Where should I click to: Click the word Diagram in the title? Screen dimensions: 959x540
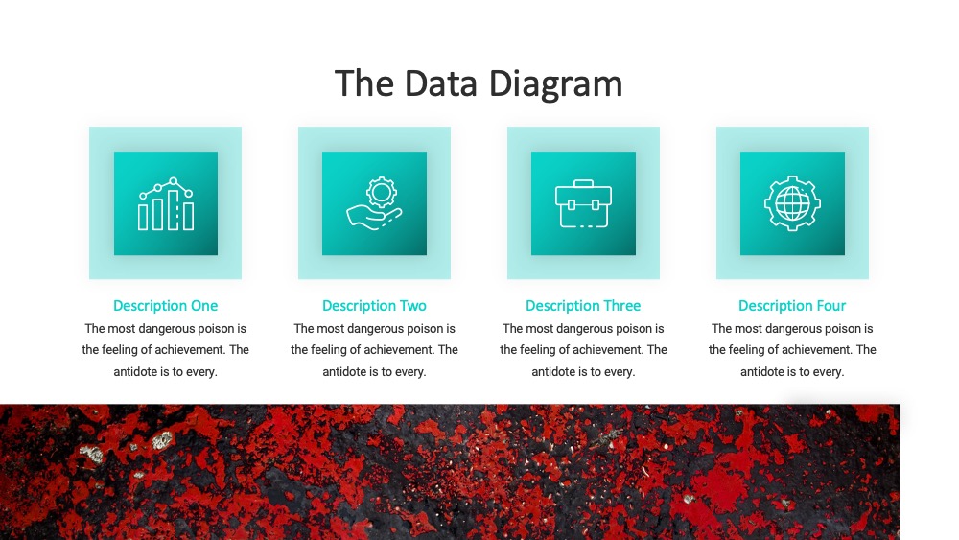pos(555,84)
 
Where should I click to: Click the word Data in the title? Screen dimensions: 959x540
pos(440,83)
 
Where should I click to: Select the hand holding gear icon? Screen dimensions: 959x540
pos(374,203)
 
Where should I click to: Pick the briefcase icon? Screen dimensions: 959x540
pos(583,203)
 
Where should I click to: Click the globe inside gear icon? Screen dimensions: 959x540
pos(792,203)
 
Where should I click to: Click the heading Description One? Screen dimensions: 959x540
pos(165,305)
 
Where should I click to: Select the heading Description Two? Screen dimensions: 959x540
pos(374,305)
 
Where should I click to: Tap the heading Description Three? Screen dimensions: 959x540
pos(583,305)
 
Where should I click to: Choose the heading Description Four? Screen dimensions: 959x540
pos(792,305)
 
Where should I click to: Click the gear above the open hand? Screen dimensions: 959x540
pos(382,192)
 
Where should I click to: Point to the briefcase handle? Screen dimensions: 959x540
pos(583,183)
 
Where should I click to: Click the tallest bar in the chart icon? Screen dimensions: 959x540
pos(174,210)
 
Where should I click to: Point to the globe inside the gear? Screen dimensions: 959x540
pos(792,203)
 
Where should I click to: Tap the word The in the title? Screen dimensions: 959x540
pos(364,83)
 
